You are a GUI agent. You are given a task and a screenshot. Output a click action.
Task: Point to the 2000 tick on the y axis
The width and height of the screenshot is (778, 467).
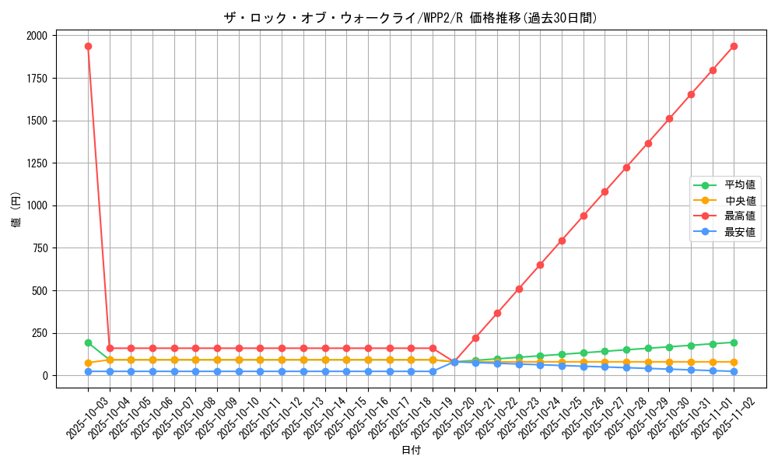(x=37, y=36)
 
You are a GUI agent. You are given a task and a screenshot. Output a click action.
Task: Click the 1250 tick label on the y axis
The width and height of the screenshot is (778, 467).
(x=37, y=163)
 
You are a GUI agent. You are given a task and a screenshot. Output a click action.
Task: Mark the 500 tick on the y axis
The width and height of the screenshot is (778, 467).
(x=40, y=290)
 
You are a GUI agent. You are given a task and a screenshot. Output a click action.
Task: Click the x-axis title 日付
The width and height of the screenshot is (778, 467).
(x=410, y=451)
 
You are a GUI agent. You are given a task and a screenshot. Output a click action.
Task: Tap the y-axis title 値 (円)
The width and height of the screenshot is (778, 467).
(x=16, y=210)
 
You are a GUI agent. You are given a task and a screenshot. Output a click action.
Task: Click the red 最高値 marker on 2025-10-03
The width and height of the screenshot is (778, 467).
(x=88, y=46)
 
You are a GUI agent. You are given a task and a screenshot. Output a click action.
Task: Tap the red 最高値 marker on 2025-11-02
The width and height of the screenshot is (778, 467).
(x=734, y=46)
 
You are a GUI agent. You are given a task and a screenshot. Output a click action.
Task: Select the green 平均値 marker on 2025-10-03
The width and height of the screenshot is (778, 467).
(x=88, y=342)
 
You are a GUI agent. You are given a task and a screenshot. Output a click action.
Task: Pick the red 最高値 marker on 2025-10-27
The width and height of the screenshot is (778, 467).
(x=605, y=191)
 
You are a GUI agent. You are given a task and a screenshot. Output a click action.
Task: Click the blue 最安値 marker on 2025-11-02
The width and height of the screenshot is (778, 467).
(x=734, y=371)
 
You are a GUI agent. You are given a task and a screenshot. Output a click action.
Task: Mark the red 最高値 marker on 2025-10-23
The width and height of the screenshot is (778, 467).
(x=519, y=289)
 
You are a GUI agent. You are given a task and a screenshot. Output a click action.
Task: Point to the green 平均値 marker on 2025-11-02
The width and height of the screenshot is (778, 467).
(x=734, y=342)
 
